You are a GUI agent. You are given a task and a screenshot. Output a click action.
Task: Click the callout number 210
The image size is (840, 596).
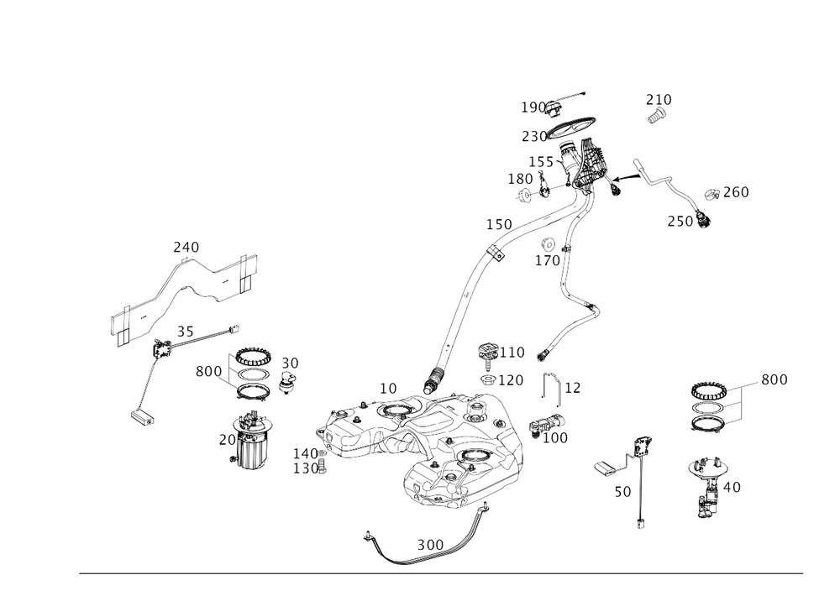pyautogui.click(x=659, y=100)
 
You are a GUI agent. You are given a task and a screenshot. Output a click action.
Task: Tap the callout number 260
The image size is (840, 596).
pyautogui.click(x=727, y=193)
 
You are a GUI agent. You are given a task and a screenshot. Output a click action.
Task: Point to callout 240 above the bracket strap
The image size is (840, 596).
pyautogui.click(x=185, y=247)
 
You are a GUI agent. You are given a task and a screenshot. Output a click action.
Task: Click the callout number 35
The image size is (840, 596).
pyautogui.click(x=186, y=333)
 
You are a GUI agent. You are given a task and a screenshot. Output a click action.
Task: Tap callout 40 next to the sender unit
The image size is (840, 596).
pyautogui.click(x=731, y=487)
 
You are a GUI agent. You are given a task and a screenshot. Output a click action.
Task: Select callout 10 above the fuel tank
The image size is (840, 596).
pyautogui.click(x=387, y=389)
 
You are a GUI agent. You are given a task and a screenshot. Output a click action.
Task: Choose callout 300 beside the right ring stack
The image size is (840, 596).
pyautogui.click(x=774, y=379)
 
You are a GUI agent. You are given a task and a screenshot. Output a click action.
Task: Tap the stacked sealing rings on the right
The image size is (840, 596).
pyautogui.click(x=708, y=409)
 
